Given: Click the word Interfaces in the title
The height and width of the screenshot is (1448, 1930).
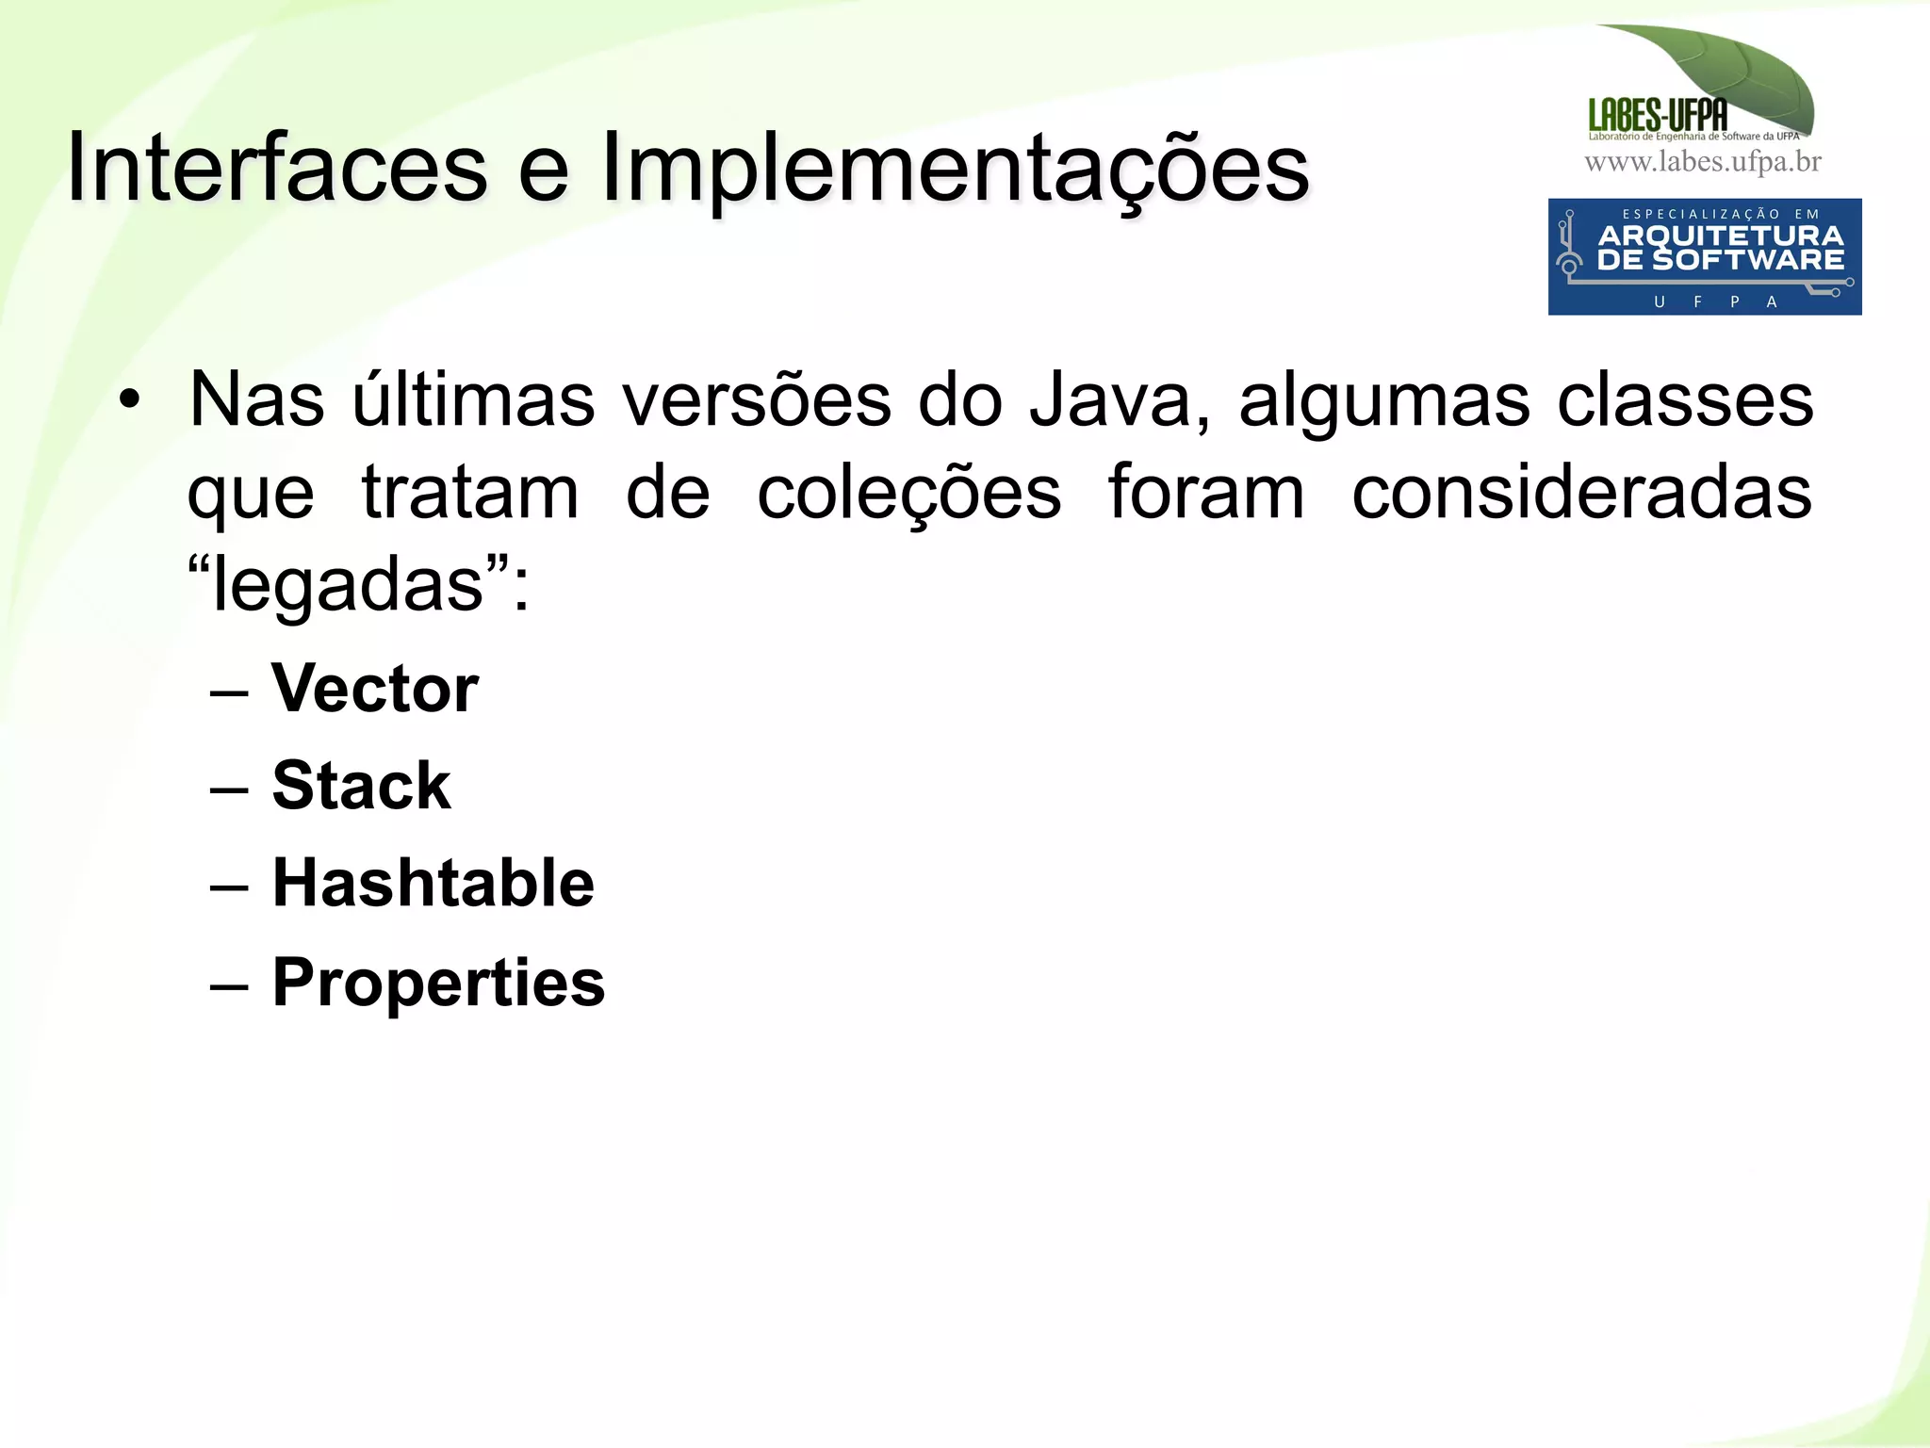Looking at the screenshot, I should [x=277, y=168].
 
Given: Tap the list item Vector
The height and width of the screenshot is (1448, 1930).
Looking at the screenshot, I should [x=375, y=689].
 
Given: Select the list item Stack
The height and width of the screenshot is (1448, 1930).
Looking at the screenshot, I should [x=362, y=786].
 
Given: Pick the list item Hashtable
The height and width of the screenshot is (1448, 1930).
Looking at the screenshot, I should [x=433, y=884].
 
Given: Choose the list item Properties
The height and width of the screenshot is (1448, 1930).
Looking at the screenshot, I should [x=438, y=983].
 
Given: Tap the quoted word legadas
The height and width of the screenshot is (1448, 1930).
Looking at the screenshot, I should [x=349, y=584].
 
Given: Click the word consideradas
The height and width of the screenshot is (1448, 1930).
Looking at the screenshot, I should [x=1581, y=493].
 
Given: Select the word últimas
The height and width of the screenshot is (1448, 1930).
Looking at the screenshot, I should [x=473, y=399].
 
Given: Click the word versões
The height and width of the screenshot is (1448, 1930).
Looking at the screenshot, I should [x=757, y=400].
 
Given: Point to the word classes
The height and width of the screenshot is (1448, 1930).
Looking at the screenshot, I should [x=1684, y=400].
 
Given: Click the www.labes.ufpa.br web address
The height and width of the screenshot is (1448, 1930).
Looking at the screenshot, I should [x=1703, y=162].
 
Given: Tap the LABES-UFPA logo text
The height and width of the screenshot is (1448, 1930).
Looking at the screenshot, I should [x=1658, y=115].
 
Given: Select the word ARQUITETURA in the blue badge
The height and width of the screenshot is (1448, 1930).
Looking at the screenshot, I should [x=1720, y=236].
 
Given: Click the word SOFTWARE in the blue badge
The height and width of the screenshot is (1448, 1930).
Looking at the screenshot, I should [x=1747, y=260].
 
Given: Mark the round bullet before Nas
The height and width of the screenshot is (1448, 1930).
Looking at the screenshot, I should [x=129, y=401].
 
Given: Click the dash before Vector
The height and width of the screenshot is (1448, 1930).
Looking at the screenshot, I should [x=229, y=693].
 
